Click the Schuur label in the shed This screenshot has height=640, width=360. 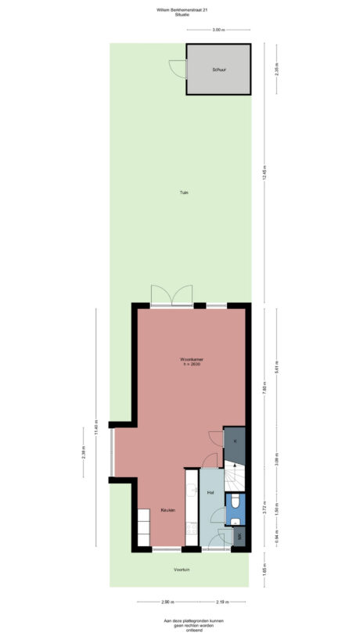click(x=219, y=70)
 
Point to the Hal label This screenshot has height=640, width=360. click(x=211, y=493)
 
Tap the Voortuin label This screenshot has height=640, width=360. click(x=182, y=570)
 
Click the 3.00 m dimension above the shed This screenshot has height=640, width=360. click(x=218, y=30)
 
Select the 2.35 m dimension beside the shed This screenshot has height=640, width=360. click(x=276, y=69)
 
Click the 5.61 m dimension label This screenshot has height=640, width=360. click(x=265, y=363)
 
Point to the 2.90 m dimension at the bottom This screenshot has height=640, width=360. click(x=167, y=602)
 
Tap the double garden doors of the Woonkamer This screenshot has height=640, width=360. click(x=172, y=296)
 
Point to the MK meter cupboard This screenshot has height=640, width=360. click(x=240, y=536)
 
